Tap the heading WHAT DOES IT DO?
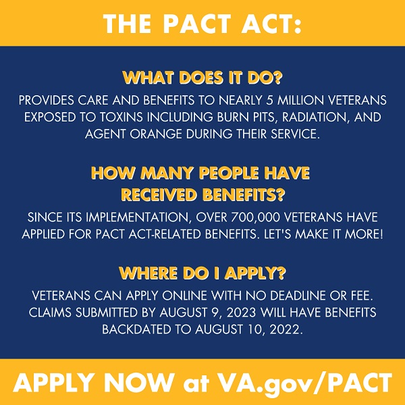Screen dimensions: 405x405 (x=202, y=78)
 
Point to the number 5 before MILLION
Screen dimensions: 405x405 (x=269, y=101)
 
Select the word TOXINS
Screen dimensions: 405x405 (x=122, y=117)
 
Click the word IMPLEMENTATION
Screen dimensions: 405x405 (x=138, y=218)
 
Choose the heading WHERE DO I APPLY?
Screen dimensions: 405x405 (x=202, y=273)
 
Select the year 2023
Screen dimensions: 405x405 (x=242, y=313)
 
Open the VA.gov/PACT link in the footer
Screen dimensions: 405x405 (x=304, y=383)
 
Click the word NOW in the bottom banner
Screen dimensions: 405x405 (x=140, y=382)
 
